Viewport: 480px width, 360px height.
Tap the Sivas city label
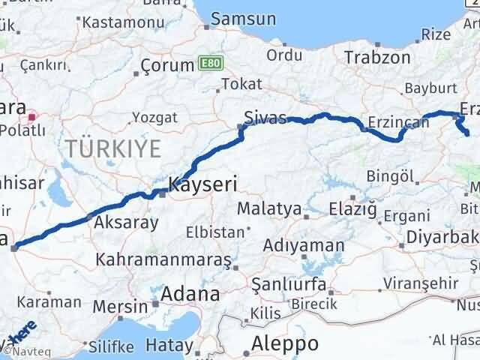click(x=265, y=117)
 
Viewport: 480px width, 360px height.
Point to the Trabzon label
click(x=377, y=57)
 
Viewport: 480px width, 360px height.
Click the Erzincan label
click(x=393, y=122)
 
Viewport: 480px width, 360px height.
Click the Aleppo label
click(x=286, y=344)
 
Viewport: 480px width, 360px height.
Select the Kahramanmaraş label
click(x=162, y=260)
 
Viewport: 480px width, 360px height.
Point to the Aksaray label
click(x=125, y=223)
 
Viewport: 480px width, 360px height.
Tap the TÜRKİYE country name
click(x=112, y=148)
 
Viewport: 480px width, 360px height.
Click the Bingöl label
click(x=391, y=176)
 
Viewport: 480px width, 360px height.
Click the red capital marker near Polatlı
click(x=32, y=117)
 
